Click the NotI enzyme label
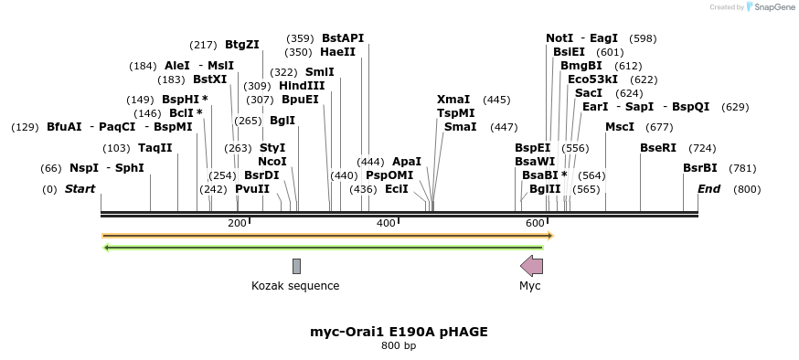[x=559, y=38]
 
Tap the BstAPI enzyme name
[x=343, y=38]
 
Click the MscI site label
[x=620, y=127]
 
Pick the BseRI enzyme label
[x=658, y=148]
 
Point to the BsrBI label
[x=700, y=168]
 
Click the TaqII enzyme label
[x=154, y=148]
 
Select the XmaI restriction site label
[x=453, y=100]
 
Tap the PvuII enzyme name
[x=252, y=189]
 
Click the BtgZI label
[x=242, y=45]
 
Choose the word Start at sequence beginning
[x=80, y=189]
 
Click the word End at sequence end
[x=708, y=189]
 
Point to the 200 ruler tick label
[x=237, y=223]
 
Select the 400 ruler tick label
[x=386, y=223]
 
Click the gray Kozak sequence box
[x=296, y=266]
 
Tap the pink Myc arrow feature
[x=531, y=266]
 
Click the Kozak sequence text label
[x=295, y=286]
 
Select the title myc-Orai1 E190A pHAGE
[x=399, y=332]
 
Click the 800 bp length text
[x=399, y=346]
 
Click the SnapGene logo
[x=769, y=7]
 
